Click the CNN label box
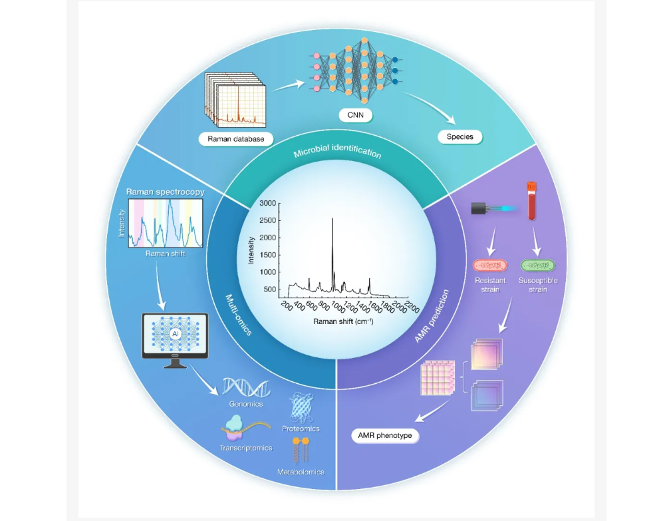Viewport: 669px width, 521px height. [x=355, y=115]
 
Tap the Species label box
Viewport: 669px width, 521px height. [x=460, y=136]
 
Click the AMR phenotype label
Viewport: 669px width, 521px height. [x=386, y=436]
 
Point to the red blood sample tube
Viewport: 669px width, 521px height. [x=531, y=201]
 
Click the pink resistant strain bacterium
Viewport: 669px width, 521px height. [x=490, y=265]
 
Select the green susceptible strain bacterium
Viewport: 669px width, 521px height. [x=539, y=265]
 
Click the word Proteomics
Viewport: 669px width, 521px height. [x=301, y=429]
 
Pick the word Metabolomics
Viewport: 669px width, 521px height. [x=301, y=472]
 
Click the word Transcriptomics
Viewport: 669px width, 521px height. [x=246, y=448]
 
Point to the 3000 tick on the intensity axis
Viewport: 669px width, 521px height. [x=267, y=203]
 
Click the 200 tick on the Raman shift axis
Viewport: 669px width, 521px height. [x=286, y=305]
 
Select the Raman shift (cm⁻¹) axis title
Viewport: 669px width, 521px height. [x=343, y=321]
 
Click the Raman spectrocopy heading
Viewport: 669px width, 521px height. [x=165, y=192]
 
